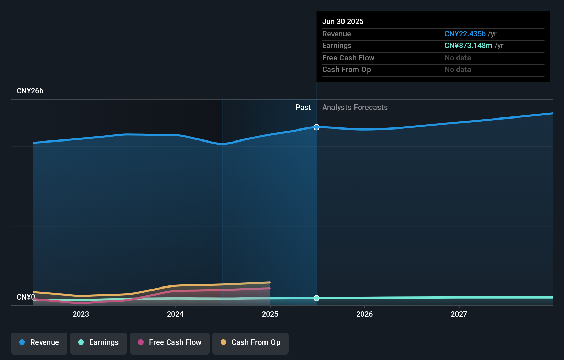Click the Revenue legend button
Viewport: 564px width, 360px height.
[x=39, y=342]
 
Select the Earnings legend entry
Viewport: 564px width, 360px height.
[x=99, y=342]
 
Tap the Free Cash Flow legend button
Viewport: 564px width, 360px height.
[x=170, y=342]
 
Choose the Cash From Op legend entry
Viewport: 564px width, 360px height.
[x=250, y=342]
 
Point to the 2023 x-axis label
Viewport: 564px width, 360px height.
[x=81, y=314]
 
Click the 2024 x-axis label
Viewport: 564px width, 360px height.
[x=175, y=314]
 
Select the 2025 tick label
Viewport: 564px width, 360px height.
[x=270, y=314]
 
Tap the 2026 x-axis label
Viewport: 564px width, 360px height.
[x=364, y=314]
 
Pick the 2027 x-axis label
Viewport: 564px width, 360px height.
[x=459, y=314]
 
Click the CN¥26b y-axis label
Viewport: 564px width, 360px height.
[x=30, y=91]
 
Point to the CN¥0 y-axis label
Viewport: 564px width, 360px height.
[x=26, y=297]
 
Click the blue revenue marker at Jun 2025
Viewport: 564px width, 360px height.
[x=317, y=127]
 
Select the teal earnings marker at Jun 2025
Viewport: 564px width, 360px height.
[x=317, y=298]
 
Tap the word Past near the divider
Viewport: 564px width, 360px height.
[x=303, y=108]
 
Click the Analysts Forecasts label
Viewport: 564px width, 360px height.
[x=355, y=108]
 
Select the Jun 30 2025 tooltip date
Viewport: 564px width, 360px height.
[x=343, y=21]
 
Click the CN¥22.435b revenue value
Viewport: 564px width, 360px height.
[x=465, y=34]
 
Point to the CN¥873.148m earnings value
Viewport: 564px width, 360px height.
[x=468, y=46]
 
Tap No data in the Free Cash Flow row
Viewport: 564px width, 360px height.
[x=458, y=58]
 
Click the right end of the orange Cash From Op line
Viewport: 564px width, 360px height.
[x=270, y=283]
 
